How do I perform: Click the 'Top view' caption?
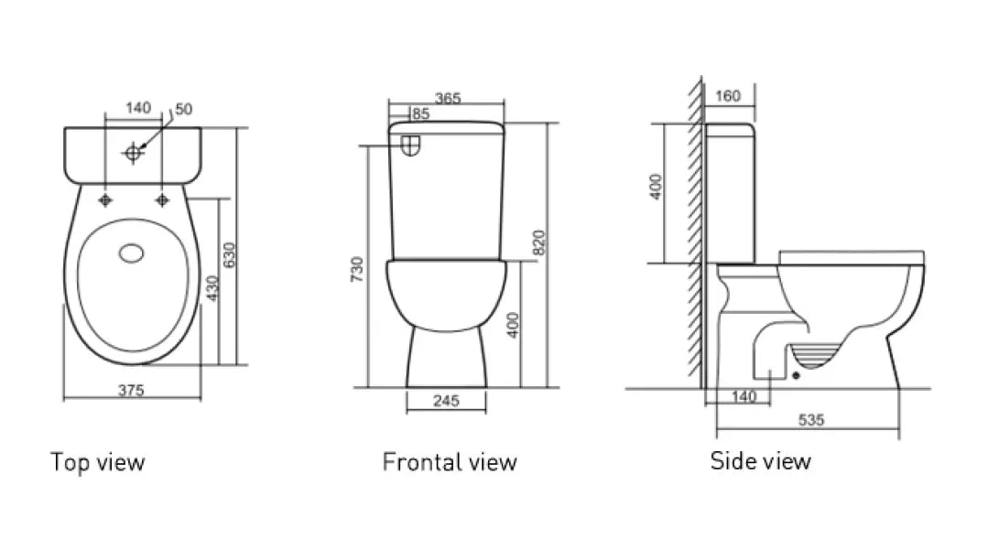click(98, 462)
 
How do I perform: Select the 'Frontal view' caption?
click(450, 462)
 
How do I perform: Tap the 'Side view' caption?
click(761, 460)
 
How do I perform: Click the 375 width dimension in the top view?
click(131, 390)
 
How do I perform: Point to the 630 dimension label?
click(229, 255)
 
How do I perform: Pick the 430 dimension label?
click(212, 288)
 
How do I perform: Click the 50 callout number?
click(183, 109)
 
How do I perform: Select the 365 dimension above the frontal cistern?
click(448, 98)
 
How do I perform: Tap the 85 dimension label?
click(420, 113)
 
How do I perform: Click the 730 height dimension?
click(357, 269)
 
